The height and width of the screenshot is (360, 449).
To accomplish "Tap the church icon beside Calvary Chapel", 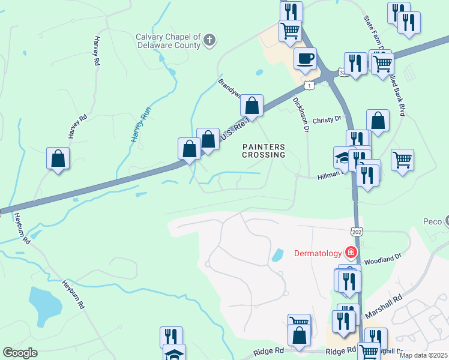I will tap(209, 40).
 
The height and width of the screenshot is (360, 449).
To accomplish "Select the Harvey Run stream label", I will tap(139, 124).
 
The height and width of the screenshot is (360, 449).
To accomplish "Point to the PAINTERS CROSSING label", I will tap(264, 151).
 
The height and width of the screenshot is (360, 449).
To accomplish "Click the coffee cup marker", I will tap(305, 59).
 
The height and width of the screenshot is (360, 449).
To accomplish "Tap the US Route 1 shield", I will tap(309, 85).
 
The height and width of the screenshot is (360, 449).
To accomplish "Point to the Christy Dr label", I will tap(327, 119).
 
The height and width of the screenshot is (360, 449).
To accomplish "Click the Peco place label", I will tap(432, 221).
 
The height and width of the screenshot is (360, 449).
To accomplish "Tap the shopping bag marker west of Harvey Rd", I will tap(58, 160).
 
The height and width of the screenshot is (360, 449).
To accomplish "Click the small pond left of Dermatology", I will tap(278, 255).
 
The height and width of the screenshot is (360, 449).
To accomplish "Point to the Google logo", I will tap(20, 353).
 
